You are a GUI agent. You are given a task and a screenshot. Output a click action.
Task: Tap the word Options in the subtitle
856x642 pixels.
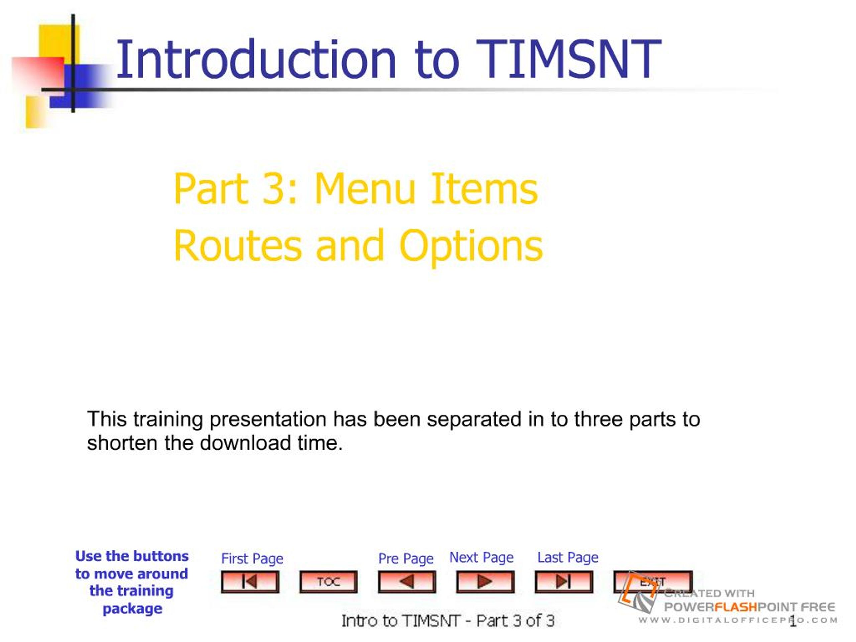pos(470,248)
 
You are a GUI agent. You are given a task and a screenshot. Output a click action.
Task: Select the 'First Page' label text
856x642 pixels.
pos(252,559)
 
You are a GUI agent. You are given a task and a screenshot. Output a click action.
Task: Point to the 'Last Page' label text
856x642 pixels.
pos(568,558)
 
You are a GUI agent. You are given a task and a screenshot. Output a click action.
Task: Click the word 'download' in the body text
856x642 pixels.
pos(245,443)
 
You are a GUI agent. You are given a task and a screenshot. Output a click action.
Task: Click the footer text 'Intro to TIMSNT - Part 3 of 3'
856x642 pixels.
pos(448,621)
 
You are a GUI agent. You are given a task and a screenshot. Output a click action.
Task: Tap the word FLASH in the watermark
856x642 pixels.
pos(735,607)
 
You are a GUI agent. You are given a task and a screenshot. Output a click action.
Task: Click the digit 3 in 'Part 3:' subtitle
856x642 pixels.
pos(274,189)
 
